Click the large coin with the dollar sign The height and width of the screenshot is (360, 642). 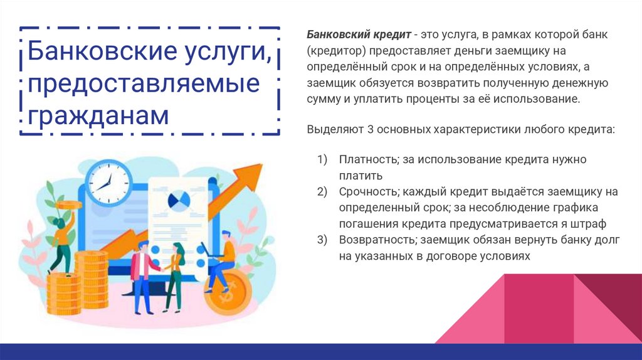(x=228, y=292)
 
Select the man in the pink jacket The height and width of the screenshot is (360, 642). (x=143, y=270)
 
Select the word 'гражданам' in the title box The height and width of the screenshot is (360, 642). (x=99, y=115)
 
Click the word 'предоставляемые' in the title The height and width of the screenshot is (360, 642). (x=144, y=84)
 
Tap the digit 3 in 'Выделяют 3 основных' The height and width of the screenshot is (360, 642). (x=371, y=129)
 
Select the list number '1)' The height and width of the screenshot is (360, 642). (x=322, y=159)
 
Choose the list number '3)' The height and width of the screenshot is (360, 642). (x=322, y=240)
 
